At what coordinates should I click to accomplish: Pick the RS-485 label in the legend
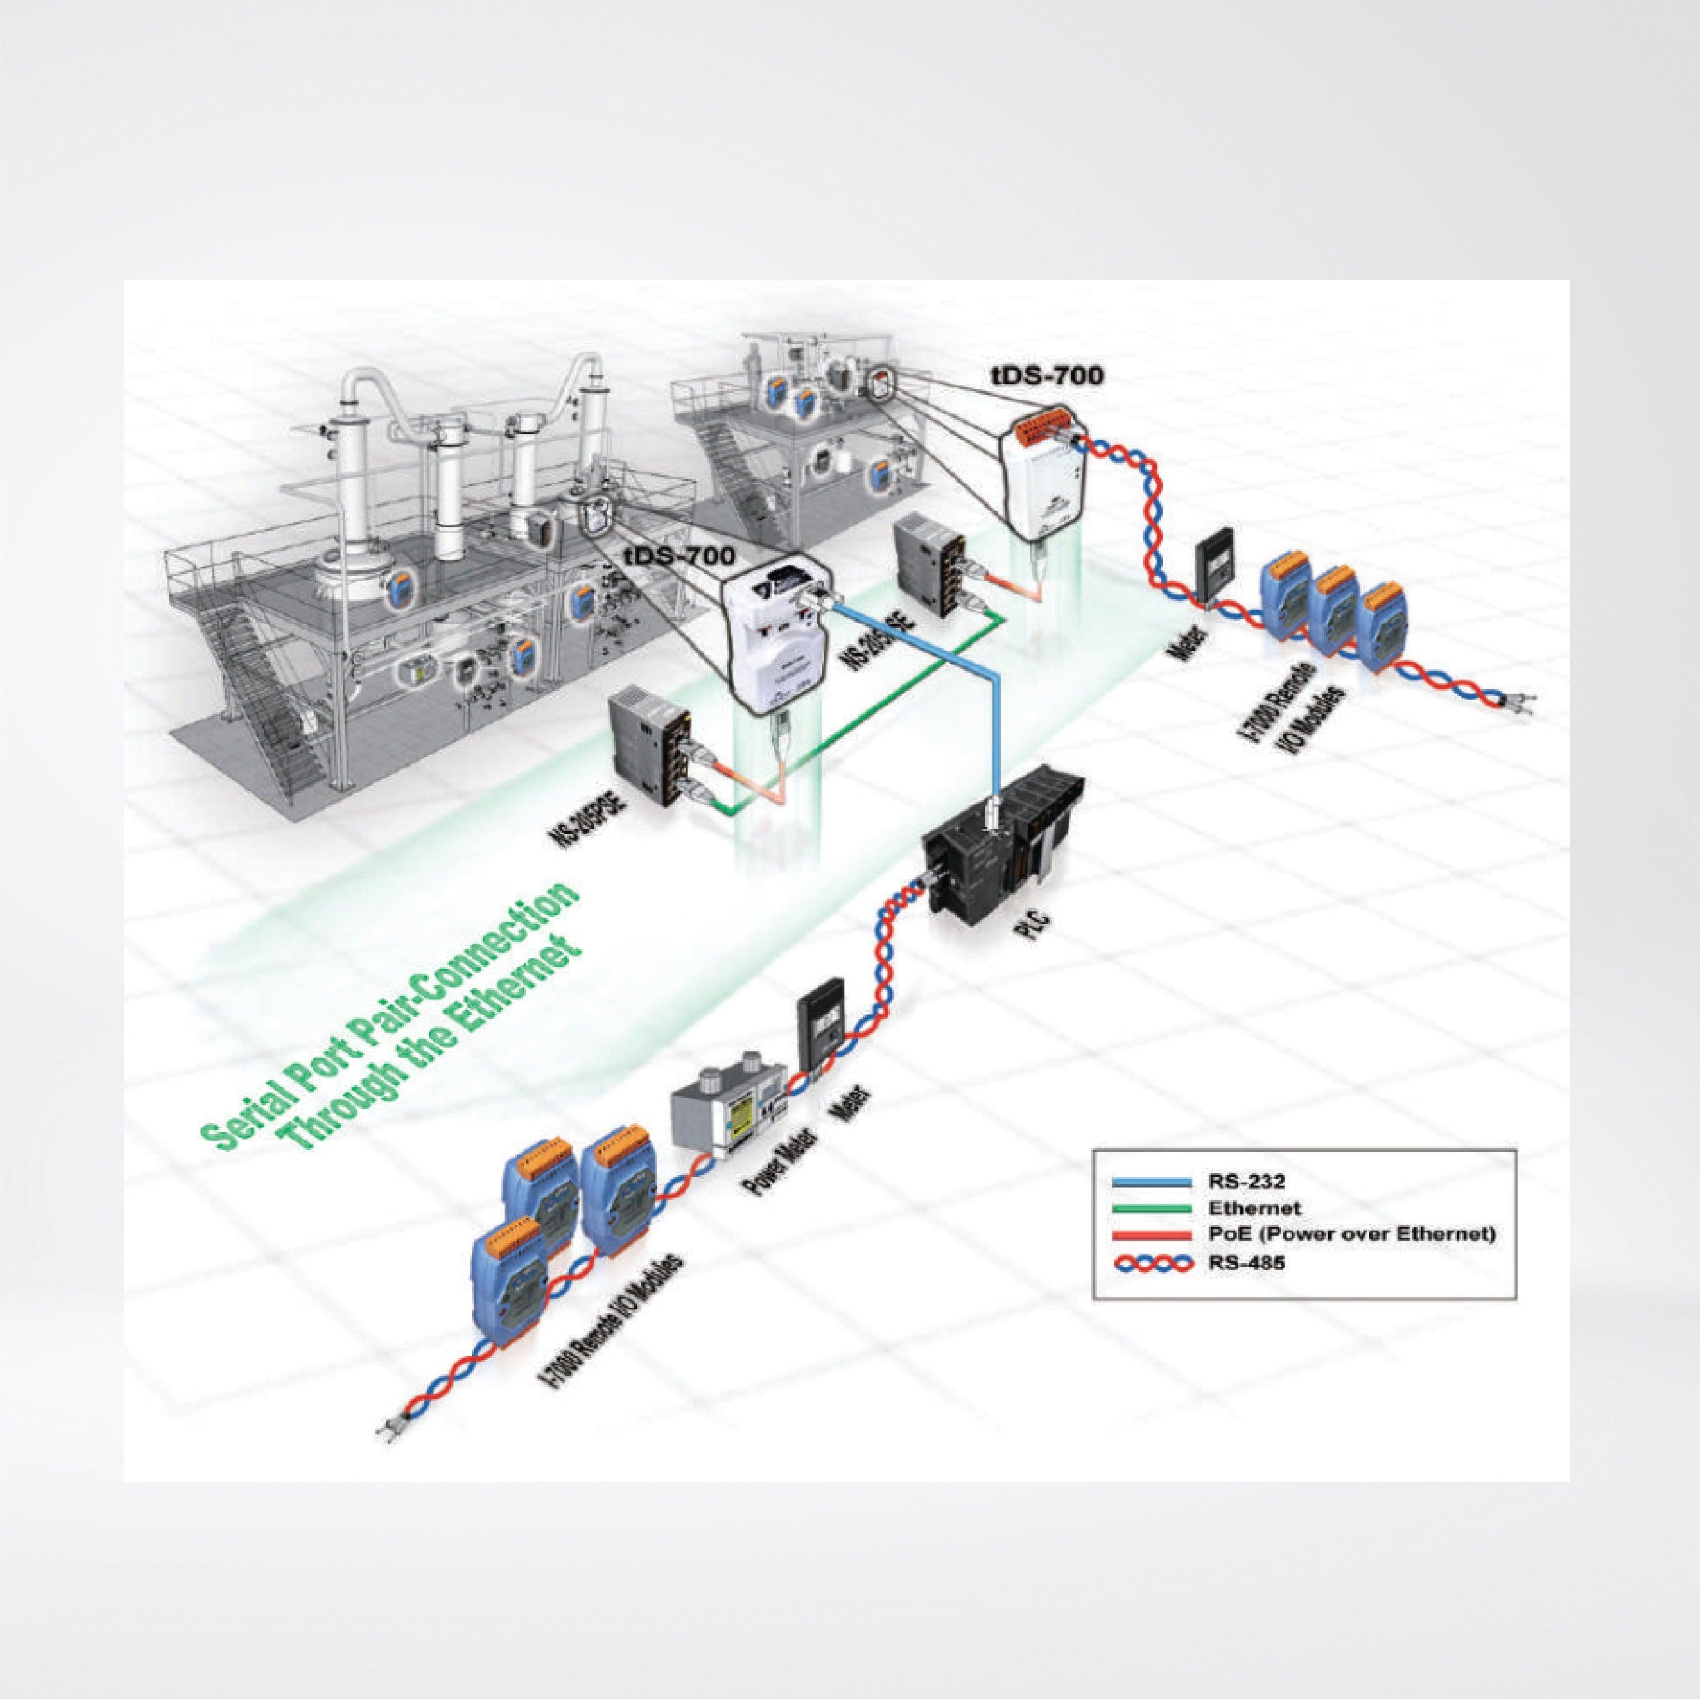pos(1238,1262)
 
